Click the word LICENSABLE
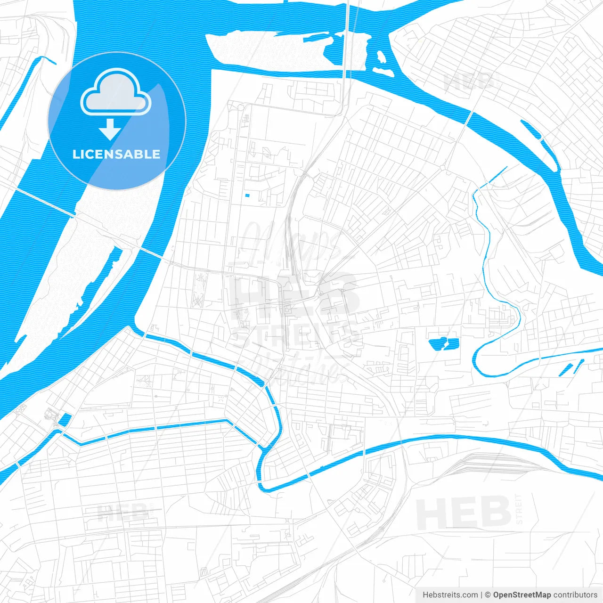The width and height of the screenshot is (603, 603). pyautogui.click(x=116, y=154)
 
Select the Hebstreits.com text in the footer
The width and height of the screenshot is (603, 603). pyautogui.click(x=450, y=595)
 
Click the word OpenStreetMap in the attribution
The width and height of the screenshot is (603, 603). pyautogui.click(x=522, y=595)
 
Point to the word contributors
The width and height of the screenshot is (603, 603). pyautogui.click(x=575, y=595)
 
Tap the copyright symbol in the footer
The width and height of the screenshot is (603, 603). pyautogui.click(x=488, y=595)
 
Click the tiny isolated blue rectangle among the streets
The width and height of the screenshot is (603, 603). pyautogui.click(x=247, y=195)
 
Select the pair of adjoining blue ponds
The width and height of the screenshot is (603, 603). pyautogui.click(x=443, y=344)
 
